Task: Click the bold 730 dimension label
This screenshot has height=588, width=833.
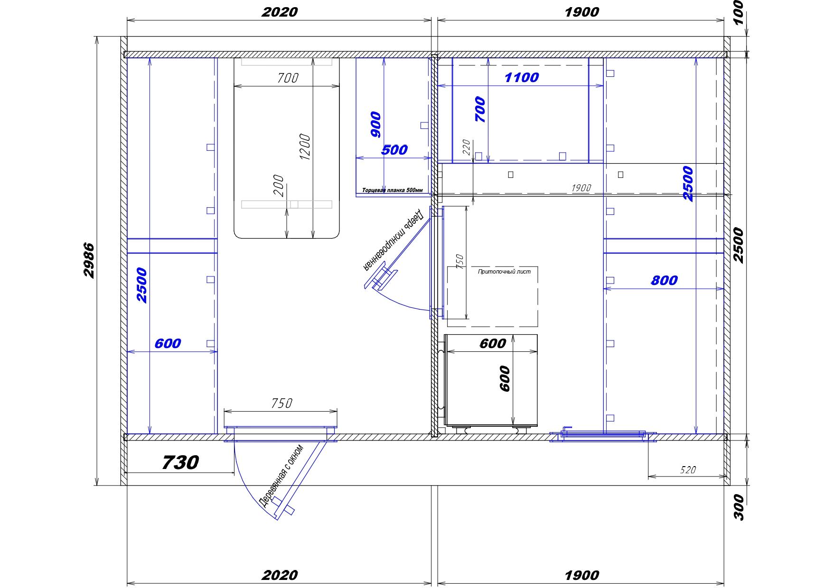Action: pyautogui.click(x=180, y=462)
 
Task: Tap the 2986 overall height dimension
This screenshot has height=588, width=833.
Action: pyautogui.click(x=89, y=260)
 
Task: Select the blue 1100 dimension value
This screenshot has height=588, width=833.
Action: pyautogui.click(x=521, y=77)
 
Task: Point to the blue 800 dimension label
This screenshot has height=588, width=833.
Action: pyautogui.click(x=664, y=281)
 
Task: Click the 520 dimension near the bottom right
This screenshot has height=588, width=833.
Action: pyautogui.click(x=688, y=470)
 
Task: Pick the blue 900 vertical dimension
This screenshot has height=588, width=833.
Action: pyautogui.click(x=375, y=124)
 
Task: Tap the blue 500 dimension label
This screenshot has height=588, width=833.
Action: pyautogui.click(x=394, y=150)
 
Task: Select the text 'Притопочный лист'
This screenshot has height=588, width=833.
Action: pyautogui.click(x=504, y=272)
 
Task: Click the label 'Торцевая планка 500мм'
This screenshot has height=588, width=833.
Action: pyautogui.click(x=392, y=191)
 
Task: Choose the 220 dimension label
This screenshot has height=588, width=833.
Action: pyautogui.click(x=466, y=147)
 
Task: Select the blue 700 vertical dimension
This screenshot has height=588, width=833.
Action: pyautogui.click(x=480, y=109)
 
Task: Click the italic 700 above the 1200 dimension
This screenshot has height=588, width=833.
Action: pyautogui.click(x=287, y=78)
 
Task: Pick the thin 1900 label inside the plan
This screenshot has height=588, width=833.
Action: pyautogui.click(x=581, y=188)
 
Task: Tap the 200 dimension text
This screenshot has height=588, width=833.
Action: pyautogui.click(x=279, y=186)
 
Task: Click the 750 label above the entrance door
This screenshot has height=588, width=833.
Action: pyautogui.click(x=281, y=403)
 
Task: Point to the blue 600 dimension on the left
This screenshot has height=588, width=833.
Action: pyautogui.click(x=168, y=343)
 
